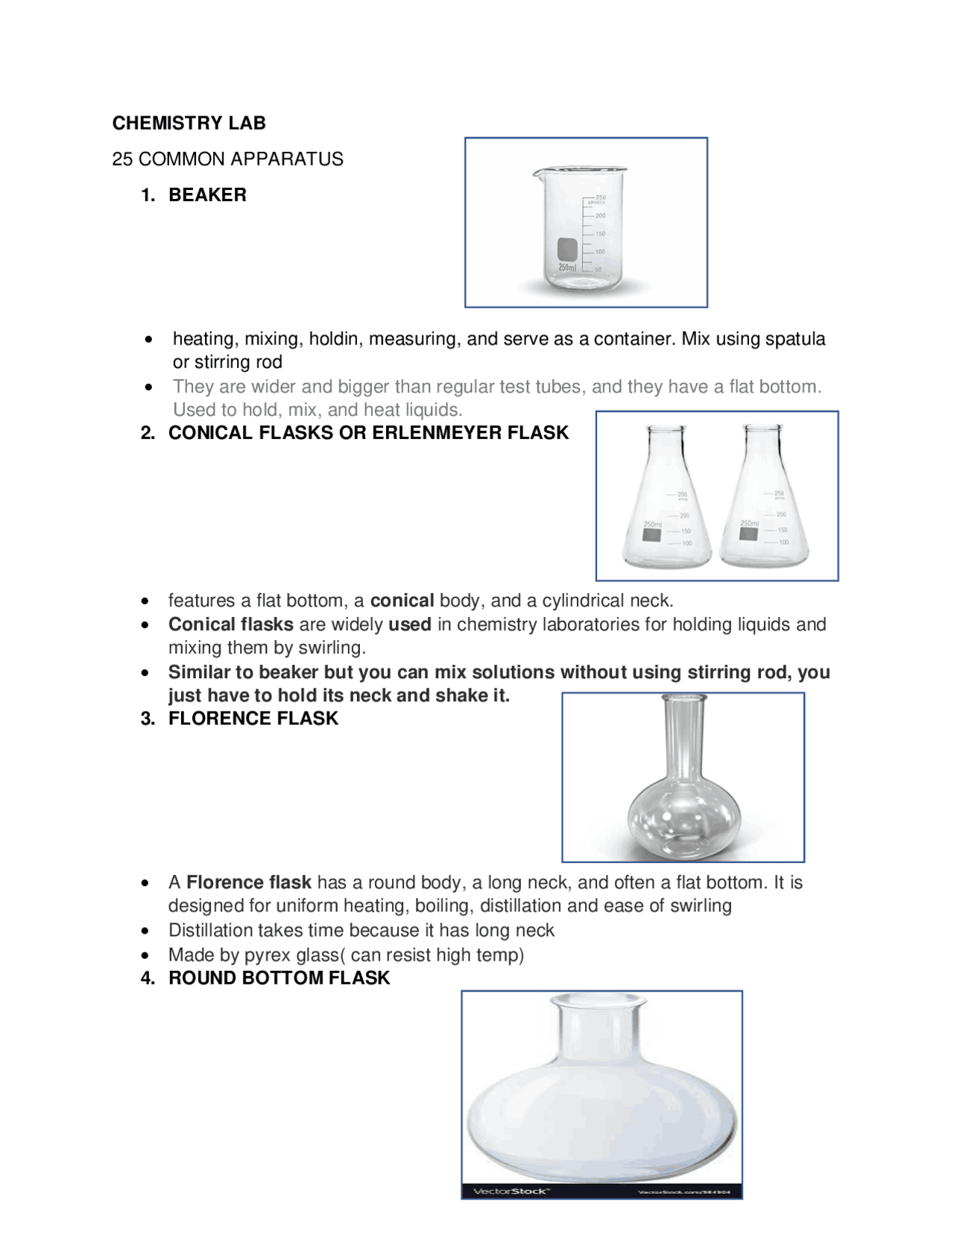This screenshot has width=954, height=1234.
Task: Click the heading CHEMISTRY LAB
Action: coord(189,123)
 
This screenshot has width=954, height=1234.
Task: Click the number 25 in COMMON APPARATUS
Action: coord(122,159)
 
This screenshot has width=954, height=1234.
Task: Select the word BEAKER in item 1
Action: coord(207,194)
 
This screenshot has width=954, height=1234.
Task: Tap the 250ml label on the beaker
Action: coord(567,267)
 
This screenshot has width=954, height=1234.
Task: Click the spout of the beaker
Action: coord(536,174)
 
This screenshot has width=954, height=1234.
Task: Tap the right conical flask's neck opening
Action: coord(764,428)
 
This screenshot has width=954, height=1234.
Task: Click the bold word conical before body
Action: coord(402,601)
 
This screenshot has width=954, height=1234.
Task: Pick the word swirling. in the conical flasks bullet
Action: coord(332,647)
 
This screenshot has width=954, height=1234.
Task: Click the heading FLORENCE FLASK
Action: coord(253,718)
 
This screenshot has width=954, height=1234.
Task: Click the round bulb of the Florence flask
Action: coord(683,820)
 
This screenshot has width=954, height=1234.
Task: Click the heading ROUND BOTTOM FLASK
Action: coord(279,978)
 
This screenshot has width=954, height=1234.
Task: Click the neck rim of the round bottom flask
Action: coord(598,999)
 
